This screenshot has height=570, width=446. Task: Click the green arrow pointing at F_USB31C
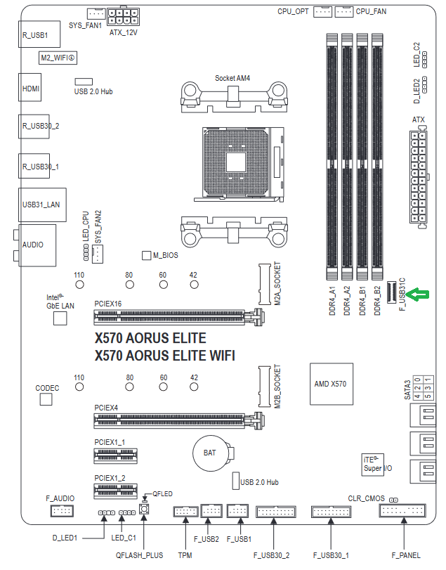pyautogui.click(x=418, y=294)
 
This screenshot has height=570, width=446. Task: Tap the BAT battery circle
pyautogui.click(x=210, y=453)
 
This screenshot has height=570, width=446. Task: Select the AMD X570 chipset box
pyautogui.click(x=332, y=384)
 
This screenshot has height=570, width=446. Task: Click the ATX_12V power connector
pyautogui.click(x=123, y=16)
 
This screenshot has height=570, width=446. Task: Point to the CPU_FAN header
pyautogui.click(x=344, y=12)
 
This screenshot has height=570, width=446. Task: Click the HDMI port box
pyautogui.click(x=29, y=87)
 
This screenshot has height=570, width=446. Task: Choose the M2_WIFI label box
pyautogui.click(x=58, y=58)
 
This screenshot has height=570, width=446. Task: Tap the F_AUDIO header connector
pyautogui.click(x=62, y=511)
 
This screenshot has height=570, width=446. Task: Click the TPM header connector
pyautogui.click(x=185, y=512)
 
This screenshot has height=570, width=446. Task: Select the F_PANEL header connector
pyautogui.click(x=402, y=510)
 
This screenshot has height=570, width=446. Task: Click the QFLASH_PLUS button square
pyautogui.click(x=144, y=508)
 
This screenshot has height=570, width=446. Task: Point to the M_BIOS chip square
pyautogui.click(x=146, y=255)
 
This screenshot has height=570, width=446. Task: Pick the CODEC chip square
pyautogui.click(x=46, y=399)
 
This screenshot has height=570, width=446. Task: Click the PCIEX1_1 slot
pyautogui.click(x=116, y=455)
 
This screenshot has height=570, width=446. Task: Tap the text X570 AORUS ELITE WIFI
pyautogui.click(x=165, y=355)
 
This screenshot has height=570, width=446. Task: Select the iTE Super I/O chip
pyautogui.click(x=373, y=464)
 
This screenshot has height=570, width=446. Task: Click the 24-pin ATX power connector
pyautogui.click(x=419, y=177)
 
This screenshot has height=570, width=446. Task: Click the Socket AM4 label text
pyautogui.click(x=232, y=78)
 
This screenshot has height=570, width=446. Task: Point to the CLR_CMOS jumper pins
pyautogui.click(x=393, y=500)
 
